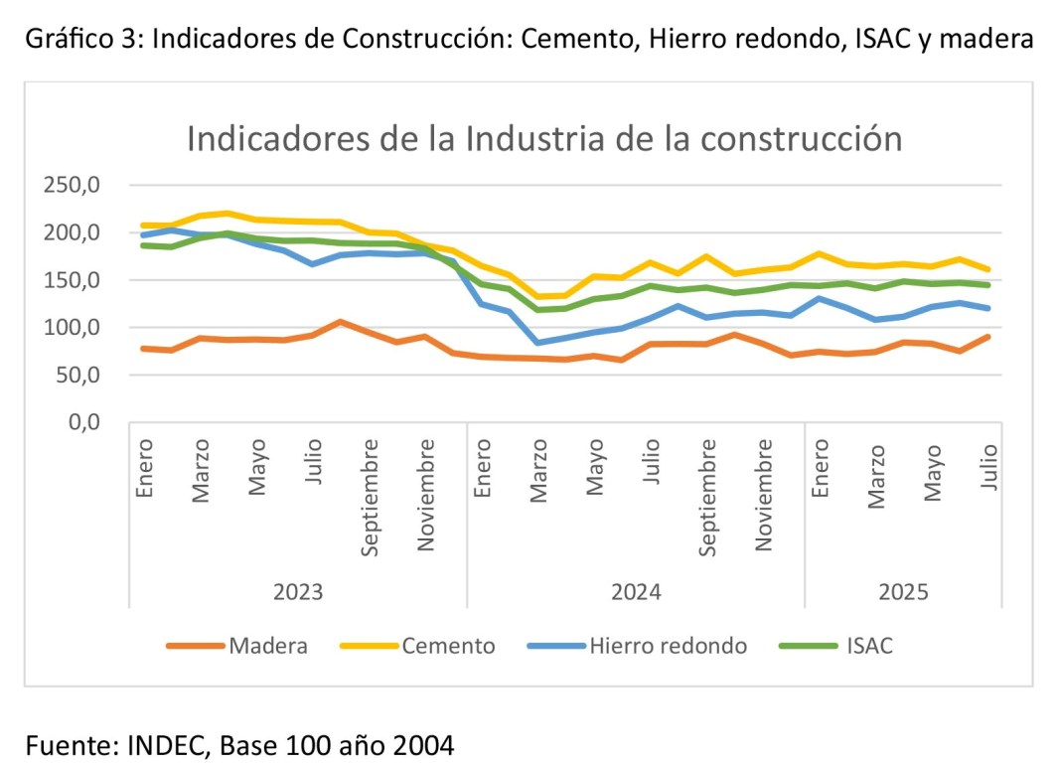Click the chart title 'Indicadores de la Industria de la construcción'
(543, 138)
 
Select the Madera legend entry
(267, 646)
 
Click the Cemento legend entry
(448, 646)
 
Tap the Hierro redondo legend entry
(668, 646)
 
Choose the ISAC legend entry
(869, 646)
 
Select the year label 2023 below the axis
(298, 592)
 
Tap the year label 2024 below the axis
(636, 592)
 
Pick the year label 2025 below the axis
(903, 592)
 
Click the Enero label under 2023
(145, 469)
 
